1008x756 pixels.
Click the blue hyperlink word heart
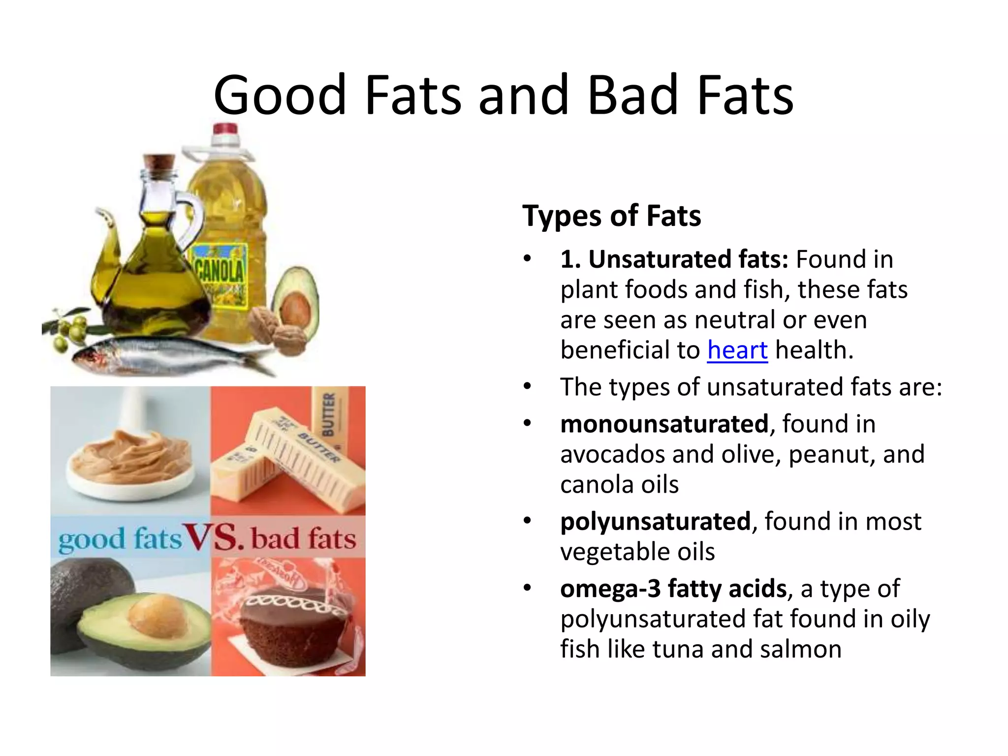(737, 350)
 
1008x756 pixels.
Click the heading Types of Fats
(611, 216)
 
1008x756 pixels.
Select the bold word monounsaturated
(664, 424)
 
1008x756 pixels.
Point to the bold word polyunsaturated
(655, 521)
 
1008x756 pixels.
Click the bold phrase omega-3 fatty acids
(673, 589)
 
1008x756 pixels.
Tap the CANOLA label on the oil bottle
(220, 270)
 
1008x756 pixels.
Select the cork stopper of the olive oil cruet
(159, 162)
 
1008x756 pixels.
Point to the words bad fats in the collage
(303, 538)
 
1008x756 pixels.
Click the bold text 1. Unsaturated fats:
(674, 259)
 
